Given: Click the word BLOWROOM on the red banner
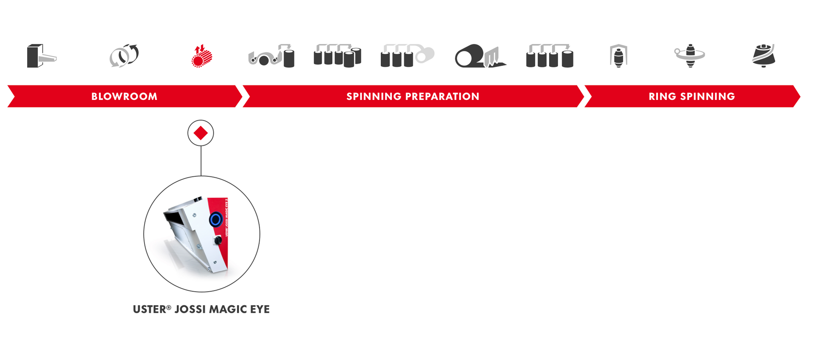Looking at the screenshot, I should tap(124, 96).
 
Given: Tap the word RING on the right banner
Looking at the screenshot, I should tap(663, 96).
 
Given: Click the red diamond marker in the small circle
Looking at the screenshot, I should tap(201, 133).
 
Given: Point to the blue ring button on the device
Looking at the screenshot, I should tap(215, 219).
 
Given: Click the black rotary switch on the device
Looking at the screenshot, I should tap(218, 241).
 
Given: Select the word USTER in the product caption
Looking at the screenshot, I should tap(149, 309).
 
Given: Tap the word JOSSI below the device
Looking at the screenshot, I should tap(190, 309).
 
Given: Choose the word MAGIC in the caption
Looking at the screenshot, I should tap(227, 309).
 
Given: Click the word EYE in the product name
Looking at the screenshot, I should tap(260, 309).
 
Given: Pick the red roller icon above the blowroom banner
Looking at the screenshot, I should tap(201, 56).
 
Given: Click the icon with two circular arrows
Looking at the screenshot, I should tap(124, 56).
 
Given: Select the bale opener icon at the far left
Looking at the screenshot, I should tap(41, 56).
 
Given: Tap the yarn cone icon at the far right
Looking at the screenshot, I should tap(764, 56).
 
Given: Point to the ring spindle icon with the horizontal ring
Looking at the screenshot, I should tap(690, 55).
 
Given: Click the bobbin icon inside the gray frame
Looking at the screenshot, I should tap(618, 56).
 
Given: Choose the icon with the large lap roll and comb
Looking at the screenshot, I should tap(479, 56).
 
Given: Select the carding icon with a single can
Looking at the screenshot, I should tap(272, 57).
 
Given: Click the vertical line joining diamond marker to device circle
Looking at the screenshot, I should tap(201, 161).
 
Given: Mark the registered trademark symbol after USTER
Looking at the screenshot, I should tap(169, 307).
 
